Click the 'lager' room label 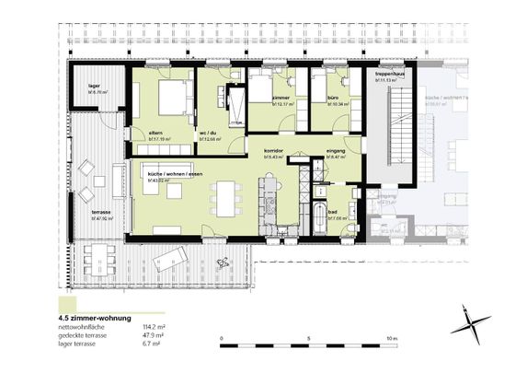(x=93, y=86)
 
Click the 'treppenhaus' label (x=390, y=76)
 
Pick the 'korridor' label (x=272, y=149)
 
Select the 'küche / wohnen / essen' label (x=160, y=174)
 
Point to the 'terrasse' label (x=101, y=212)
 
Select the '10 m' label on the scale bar (x=393, y=339)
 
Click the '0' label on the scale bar (x=223, y=339)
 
